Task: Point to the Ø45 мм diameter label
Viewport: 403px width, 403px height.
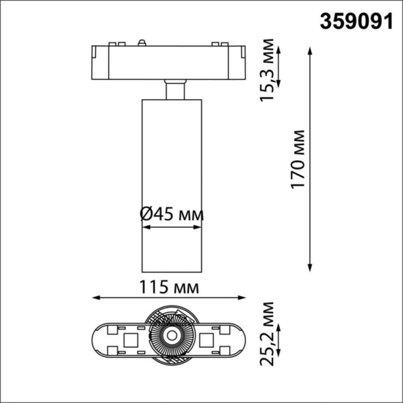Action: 171,214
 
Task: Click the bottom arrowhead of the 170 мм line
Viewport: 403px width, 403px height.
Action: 311,267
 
